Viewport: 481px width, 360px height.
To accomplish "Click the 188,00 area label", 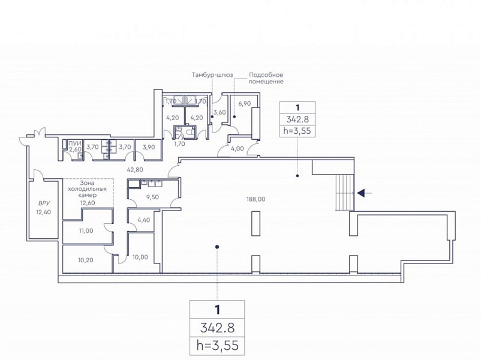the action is pyautogui.click(x=256, y=199).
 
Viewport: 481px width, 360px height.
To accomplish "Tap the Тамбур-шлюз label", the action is pyautogui.click(x=212, y=75).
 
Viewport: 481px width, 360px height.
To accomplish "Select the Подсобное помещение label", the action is pyautogui.click(x=266, y=78).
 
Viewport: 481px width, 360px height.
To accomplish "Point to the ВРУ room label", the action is pyautogui.click(x=44, y=203).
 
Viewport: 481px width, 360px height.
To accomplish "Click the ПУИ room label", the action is pyautogui.click(x=75, y=143).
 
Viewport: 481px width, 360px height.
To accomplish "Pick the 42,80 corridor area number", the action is pyautogui.click(x=135, y=169).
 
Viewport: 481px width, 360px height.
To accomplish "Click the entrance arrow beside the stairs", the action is pyautogui.click(x=365, y=193).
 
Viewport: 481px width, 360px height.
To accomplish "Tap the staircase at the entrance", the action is pyautogui.click(x=345, y=193).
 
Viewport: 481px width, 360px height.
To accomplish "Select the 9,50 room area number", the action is pyautogui.click(x=152, y=197).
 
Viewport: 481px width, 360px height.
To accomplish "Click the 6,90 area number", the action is pyautogui.click(x=245, y=103).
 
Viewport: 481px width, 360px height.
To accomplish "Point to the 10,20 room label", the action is pyautogui.click(x=86, y=260).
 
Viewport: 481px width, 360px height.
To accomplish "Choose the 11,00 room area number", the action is pyautogui.click(x=86, y=231).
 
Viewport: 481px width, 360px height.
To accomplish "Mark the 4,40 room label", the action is pyautogui.click(x=144, y=220).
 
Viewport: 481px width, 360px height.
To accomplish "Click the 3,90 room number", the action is pyautogui.click(x=149, y=147).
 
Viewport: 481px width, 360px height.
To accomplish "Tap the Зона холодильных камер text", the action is pyautogui.click(x=87, y=189).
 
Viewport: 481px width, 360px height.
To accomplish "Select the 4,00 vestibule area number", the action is pyautogui.click(x=238, y=149).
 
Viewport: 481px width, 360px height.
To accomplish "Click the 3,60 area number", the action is pyautogui.click(x=220, y=112).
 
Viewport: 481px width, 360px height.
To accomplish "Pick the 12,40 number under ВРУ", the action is pyautogui.click(x=44, y=212).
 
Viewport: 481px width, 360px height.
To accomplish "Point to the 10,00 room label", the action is pyautogui.click(x=140, y=257).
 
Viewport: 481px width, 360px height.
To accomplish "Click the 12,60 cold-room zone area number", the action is pyautogui.click(x=88, y=203).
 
